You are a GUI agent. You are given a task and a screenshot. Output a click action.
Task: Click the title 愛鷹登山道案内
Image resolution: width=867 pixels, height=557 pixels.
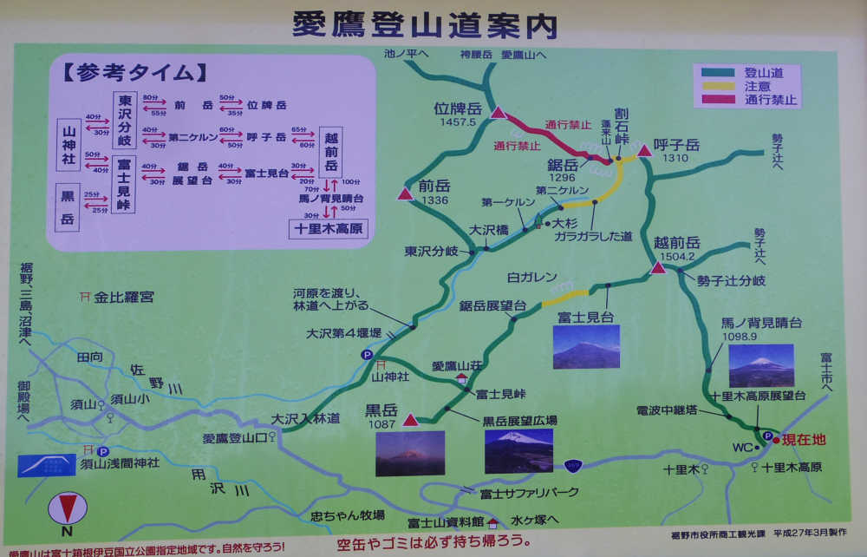tap(423, 24)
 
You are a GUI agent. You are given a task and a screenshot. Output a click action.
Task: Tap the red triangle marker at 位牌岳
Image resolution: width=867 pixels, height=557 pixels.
tap(498, 113)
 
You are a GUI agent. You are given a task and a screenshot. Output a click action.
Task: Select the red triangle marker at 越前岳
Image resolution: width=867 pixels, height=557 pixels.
tap(658, 267)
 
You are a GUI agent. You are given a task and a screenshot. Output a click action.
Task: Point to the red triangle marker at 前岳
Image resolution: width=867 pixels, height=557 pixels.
tap(405, 194)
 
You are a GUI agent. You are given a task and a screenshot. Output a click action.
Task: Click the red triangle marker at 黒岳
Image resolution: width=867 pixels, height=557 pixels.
tap(411, 420)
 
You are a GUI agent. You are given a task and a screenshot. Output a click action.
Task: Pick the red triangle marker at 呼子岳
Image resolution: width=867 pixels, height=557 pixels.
tap(644, 151)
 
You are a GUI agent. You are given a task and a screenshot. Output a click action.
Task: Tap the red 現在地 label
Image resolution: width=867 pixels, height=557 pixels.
tap(803, 440)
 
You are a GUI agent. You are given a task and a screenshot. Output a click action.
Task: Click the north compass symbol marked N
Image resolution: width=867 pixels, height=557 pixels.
tap(66, 512)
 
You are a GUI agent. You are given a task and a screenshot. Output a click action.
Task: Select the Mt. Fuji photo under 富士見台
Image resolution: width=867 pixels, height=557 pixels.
tap(586, 347)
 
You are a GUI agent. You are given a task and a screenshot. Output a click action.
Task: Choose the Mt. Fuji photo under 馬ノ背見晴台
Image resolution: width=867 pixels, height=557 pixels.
tap(760, 365)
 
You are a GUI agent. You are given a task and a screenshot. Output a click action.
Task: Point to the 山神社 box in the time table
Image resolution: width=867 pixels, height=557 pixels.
tap(68, 142)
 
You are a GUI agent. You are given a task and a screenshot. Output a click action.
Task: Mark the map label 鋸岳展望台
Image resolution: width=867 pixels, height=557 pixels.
tap(492, 305)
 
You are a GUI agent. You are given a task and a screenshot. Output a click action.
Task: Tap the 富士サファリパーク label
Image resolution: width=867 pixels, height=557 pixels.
tap(529, 493)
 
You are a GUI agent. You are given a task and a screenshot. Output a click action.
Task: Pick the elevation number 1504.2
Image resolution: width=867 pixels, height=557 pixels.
tap(675, 257)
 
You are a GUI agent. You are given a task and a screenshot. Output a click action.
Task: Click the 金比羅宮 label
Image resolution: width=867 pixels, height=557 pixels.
tap(124, 297)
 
